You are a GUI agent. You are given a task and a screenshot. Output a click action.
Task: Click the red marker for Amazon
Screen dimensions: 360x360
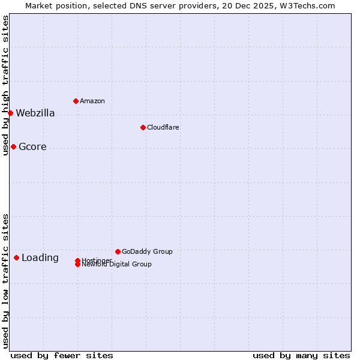click(76, 101)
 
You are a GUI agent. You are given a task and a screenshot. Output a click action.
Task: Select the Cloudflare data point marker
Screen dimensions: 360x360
click(143, 127)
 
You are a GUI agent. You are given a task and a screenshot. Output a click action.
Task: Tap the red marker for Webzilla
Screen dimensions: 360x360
click(10, 113)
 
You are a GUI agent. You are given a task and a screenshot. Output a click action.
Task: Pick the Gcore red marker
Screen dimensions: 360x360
click(13, 146)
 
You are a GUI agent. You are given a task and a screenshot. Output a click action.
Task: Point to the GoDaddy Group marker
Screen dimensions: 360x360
click(118, 251)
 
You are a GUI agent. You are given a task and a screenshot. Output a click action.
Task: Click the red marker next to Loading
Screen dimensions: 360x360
click(16, 257)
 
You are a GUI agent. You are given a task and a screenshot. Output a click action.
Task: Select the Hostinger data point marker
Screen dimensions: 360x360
click(77, 260)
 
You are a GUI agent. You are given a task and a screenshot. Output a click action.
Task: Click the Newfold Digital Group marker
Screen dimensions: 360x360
click(77, 264)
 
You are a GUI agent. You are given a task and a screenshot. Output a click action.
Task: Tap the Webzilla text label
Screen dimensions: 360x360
click(35, 113)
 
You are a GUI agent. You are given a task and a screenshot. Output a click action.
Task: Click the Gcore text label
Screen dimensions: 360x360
click(32, 147)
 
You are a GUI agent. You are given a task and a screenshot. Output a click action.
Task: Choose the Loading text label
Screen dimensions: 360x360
click(40, 258)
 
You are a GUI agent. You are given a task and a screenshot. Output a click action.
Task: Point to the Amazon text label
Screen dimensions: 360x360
click(92, 101)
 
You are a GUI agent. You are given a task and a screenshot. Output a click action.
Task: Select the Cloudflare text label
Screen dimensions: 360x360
click(163, 127)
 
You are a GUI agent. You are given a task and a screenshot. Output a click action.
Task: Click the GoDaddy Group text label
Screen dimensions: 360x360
click(147, 251)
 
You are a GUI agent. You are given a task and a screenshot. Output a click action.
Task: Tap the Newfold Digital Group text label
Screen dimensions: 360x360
click(117, 265)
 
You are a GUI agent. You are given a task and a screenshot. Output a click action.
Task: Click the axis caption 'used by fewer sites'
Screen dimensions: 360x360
click(62, 355)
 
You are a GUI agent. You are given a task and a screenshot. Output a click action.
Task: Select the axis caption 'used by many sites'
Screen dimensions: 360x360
click(301, 355)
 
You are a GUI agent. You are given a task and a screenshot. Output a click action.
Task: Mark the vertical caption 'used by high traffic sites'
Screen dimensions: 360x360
click(6, 86)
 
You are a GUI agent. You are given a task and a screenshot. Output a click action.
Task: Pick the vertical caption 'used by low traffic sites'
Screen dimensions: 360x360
click(6, 281)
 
